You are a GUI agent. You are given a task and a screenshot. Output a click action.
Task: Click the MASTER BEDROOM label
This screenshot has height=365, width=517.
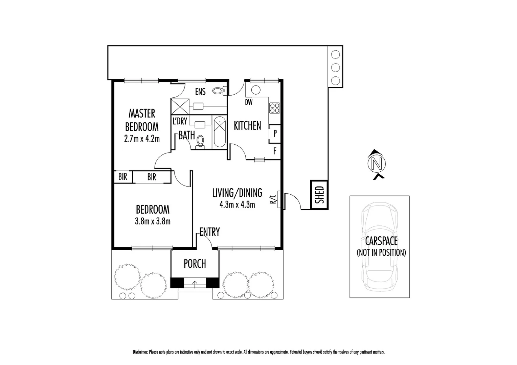(x=142, y=120)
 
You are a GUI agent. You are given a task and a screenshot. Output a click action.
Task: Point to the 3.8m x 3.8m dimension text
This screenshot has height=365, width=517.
(x=153, y=222)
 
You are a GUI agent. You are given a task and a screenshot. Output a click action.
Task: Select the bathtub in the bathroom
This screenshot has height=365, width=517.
(x=220, y=132)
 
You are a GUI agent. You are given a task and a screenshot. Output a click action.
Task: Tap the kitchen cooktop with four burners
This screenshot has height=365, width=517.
(x=275, y=108)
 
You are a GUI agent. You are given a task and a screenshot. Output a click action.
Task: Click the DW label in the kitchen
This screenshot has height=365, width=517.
(x=249, y=102)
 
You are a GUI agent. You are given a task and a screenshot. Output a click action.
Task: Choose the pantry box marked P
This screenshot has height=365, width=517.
(x=275, y=133)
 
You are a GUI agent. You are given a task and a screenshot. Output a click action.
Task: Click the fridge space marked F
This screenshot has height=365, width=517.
(x=275, y=151)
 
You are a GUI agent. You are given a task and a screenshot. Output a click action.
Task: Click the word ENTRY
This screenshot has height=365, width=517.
(x=209, y=232)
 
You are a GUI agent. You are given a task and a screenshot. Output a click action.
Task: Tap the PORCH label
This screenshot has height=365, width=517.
(x=195, y=264)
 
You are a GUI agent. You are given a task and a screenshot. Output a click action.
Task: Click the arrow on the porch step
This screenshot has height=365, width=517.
(x=195, y=283)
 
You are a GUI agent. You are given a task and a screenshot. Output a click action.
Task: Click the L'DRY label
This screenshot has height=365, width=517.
(x=180, y=121)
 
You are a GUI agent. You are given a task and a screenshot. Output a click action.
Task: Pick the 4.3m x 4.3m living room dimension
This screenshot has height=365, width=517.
(x=237, y=204)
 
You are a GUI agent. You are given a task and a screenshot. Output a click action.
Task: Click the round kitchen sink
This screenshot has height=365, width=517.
(x=255, y=90)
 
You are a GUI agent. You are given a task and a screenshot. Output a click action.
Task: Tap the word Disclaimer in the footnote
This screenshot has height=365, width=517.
(x=140, y=352)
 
